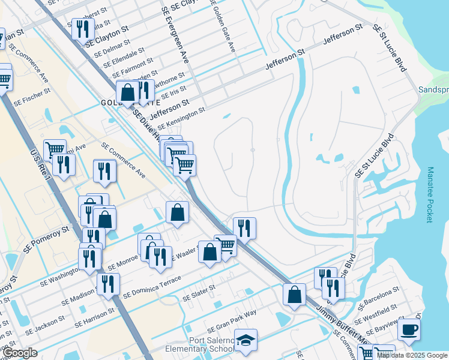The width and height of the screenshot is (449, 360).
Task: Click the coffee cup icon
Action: click(x=409, y=330)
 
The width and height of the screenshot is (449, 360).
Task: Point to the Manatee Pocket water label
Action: click(x=430, y=195)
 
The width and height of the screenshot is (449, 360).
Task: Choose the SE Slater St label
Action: click(x=199, y=293)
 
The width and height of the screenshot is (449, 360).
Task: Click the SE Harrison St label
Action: click(x=94, y=319)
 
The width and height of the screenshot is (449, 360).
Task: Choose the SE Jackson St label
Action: click(x=44, y=326)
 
